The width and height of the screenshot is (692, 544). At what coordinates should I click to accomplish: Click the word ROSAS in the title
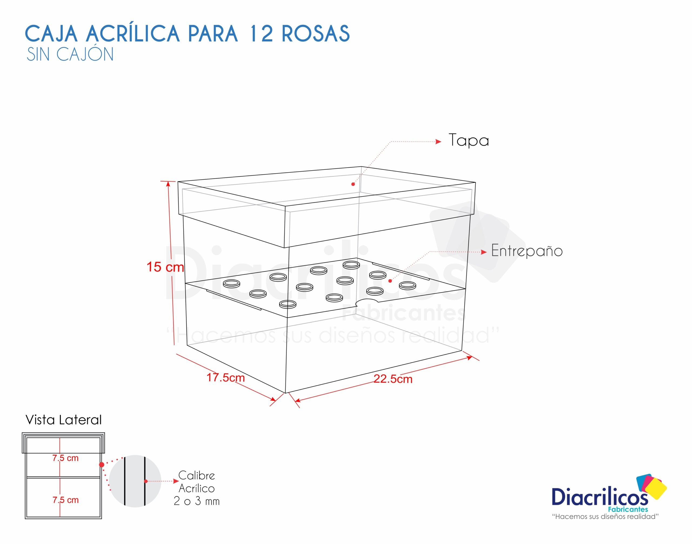pyautogui.click(x=315, y=34)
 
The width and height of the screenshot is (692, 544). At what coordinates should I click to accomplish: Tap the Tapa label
pyautogui.click(x=468, y=140)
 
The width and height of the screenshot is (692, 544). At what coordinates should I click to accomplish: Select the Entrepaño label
pyautogui.click(x=527, y=251)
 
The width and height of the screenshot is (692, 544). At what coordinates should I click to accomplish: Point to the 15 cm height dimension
pyautogui.click(x=165, y=267)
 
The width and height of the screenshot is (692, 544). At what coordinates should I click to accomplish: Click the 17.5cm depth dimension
pyautogui.click(x=225, y=378)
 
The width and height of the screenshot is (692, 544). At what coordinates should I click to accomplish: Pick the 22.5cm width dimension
pyautogui.click(x=393, y=379)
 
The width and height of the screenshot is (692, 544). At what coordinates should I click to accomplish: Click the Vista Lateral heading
pyautogui.click(x=64, y=420)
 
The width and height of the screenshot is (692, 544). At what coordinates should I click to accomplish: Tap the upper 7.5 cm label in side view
pyautogui.click(x=65, y=458)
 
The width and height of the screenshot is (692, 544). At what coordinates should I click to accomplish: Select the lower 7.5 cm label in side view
pyautogui.click(x=65, y=500)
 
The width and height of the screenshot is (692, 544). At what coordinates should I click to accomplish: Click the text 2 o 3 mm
pyautogui.click(x=197, y=501)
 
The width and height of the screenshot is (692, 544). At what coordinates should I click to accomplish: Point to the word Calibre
pyautogui.click(x=197, y=476)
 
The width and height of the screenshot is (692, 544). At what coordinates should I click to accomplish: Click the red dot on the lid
pyautogui.click(x=353, y=184)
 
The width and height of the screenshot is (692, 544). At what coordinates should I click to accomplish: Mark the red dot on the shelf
pyautogui.click(x=390, y=281)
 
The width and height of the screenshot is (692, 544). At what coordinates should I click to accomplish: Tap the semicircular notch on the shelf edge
pyautogui.click(x=367, y=302)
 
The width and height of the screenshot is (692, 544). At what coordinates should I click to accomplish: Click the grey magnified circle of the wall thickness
pyautogui.click(x=135, y=481)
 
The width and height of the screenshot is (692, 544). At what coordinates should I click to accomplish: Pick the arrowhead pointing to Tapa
pyautogui.click(x=438, y=142)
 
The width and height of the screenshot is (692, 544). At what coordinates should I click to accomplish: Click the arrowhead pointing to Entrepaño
pyautogui.click(x=484, y=252)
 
